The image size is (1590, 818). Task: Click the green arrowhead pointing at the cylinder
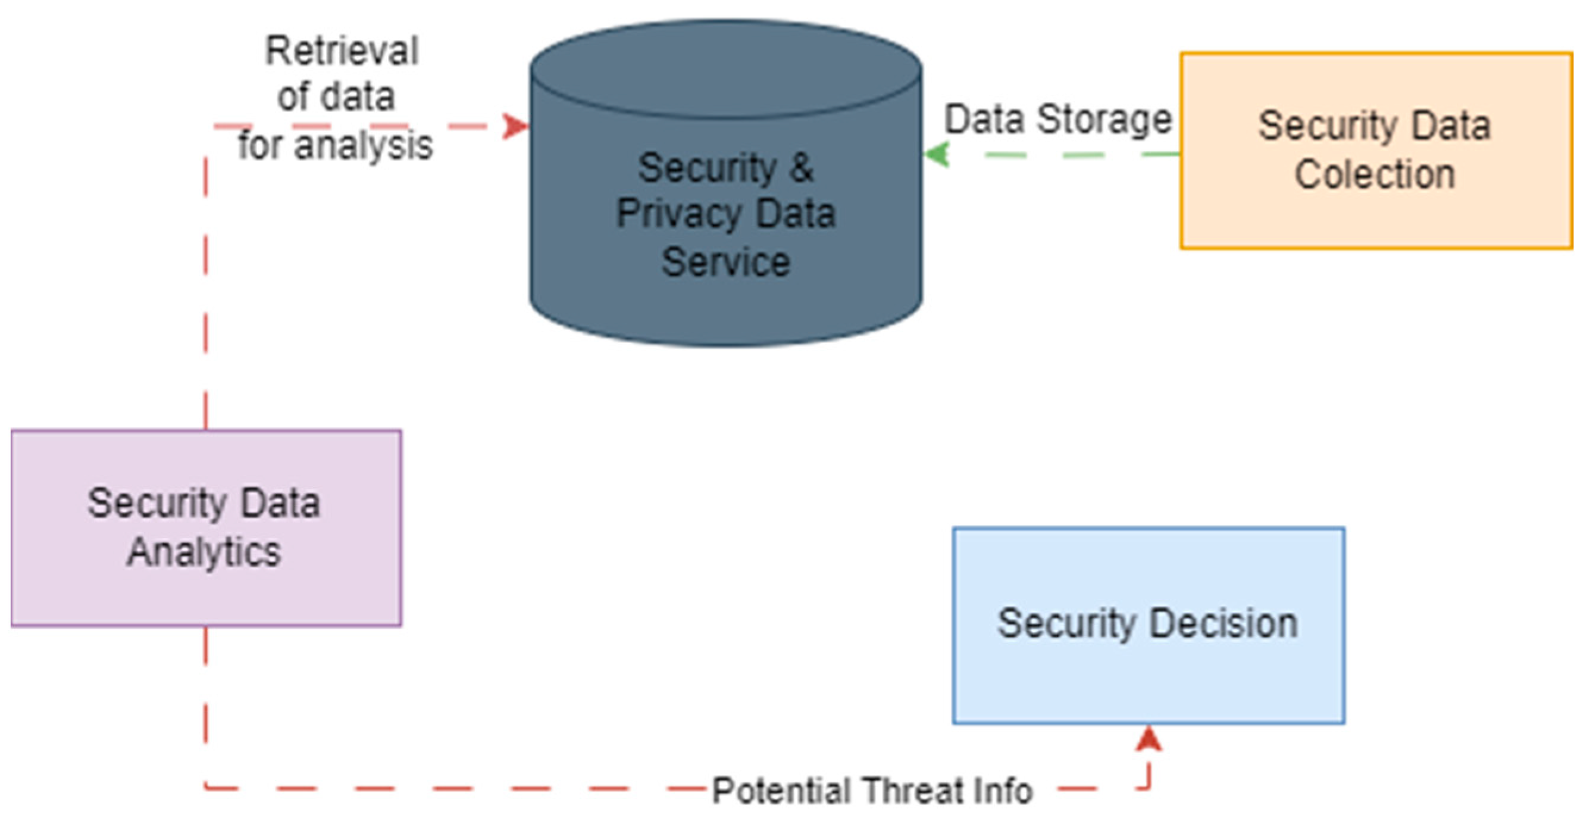937,154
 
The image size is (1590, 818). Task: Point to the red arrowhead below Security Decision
1148,739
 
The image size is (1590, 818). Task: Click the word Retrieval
342,51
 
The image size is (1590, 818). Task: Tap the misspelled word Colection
1375,174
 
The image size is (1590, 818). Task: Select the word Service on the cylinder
726,263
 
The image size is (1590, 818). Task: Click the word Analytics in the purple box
204,552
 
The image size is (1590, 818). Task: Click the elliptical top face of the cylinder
726,69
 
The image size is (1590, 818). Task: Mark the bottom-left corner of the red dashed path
205,788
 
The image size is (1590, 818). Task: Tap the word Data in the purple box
280,503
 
